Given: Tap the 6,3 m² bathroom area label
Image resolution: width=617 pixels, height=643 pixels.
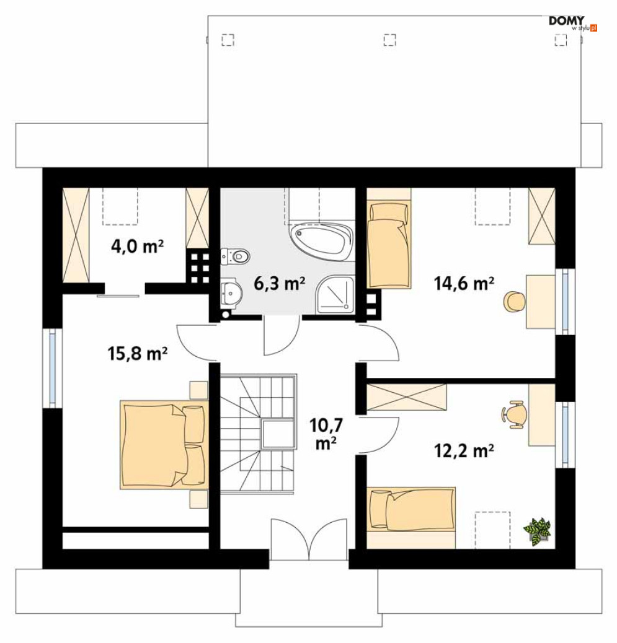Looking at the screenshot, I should point(279,284).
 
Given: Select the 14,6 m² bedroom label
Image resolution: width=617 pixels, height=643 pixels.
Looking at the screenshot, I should point(464,284).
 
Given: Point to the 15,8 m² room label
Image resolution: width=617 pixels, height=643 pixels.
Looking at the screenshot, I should point(138,354).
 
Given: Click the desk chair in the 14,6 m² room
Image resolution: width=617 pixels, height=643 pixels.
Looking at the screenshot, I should point(515,302).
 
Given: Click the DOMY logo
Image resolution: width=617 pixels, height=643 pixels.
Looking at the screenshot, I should point(572,22).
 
